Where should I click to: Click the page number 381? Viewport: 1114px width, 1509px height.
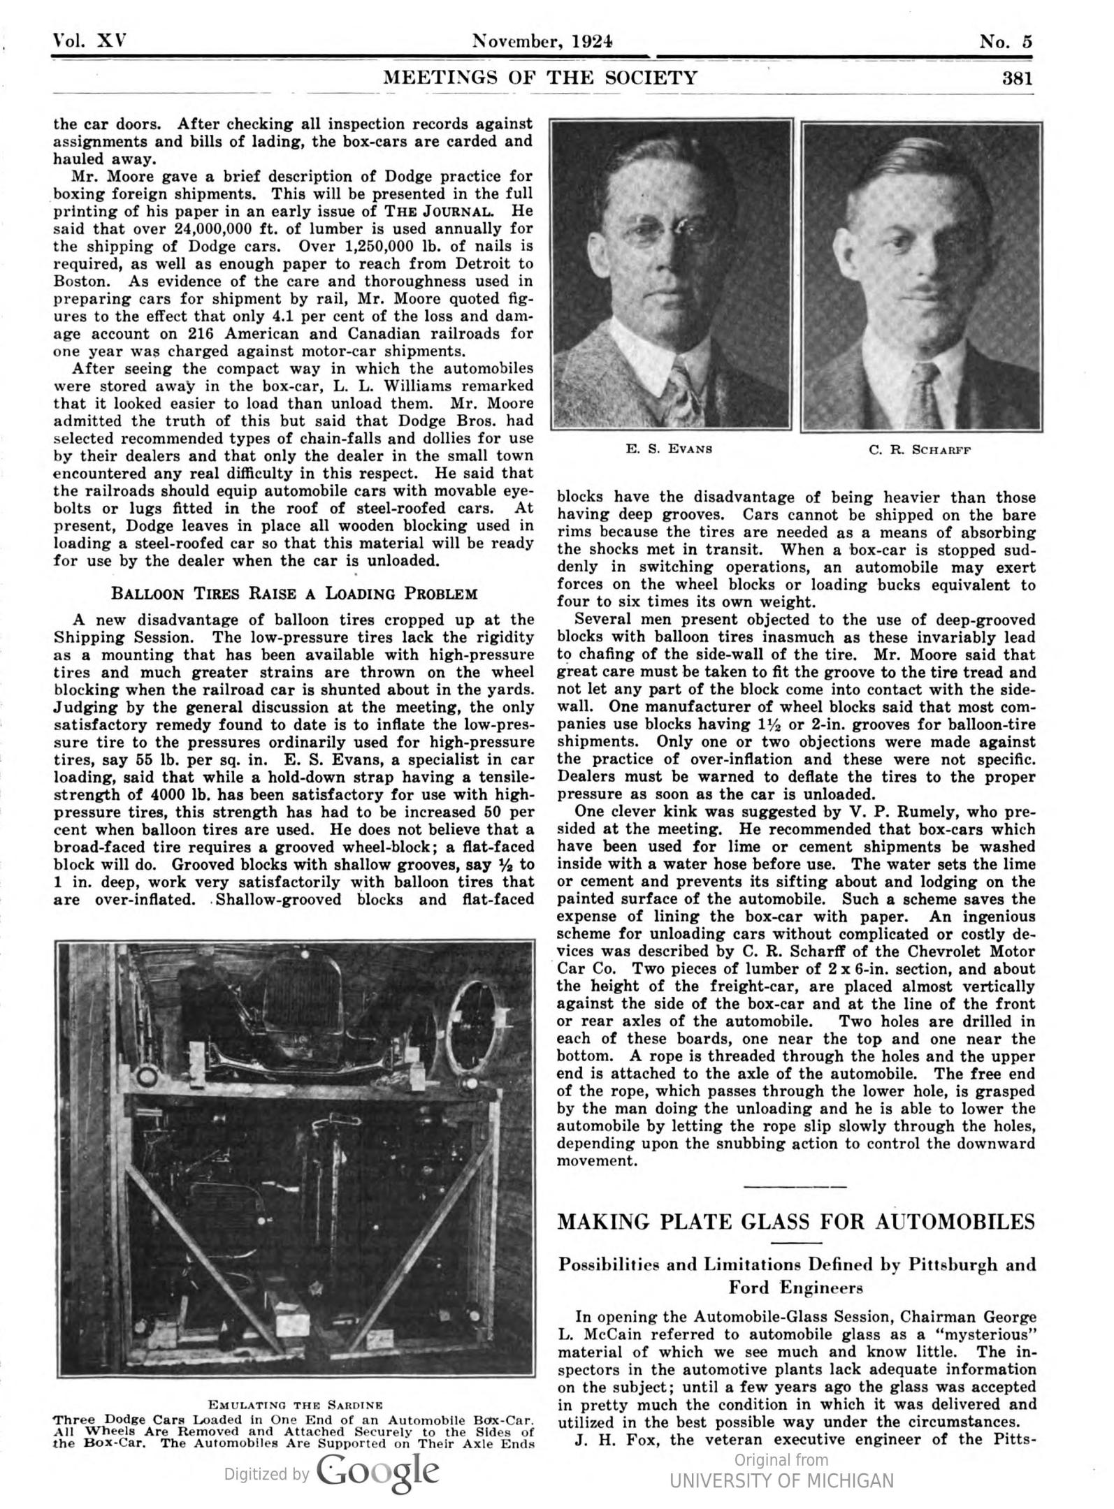pyautogui.click(x=1017, y=78)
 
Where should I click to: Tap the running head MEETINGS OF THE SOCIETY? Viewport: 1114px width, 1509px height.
pyautogui.click(x=540, y=78)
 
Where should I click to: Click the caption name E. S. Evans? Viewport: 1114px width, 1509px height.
pyautogui.click(x=670, y=449)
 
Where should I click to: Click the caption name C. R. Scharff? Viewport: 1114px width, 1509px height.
pyautogui.click(x=920, y=450)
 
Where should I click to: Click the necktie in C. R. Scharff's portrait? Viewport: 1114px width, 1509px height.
pyautogui.click(x=924, y=395)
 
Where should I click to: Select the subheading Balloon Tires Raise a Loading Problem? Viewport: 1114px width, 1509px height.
pyautogui.click(x=294, y=594)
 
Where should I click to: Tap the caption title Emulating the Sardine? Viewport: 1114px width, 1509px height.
pyautogui.click(x=295, y=1404)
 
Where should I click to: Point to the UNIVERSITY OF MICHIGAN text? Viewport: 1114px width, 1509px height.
pyautogui.click(x=781, y=1480)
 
